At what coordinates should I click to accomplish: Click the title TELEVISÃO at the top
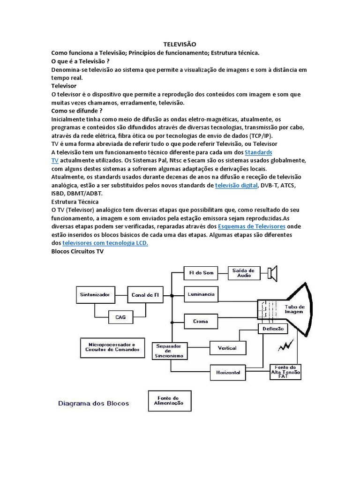click(180, 44)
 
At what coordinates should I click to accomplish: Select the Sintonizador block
click(95, 295)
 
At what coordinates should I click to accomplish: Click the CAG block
click(120, 317)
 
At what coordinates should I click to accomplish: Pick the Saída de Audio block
click(243, 272)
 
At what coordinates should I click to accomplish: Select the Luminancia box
click(201, 294)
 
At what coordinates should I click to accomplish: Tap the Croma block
click(201, 322)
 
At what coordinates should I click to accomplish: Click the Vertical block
click(227, 348)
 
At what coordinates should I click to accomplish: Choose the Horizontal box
click(228, 373)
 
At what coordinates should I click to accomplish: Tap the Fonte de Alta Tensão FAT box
click(286, 372)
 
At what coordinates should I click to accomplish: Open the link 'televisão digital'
click(236, 186)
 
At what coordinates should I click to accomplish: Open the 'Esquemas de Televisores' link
click(252, 226)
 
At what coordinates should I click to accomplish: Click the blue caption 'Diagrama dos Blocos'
click(93, 403)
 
